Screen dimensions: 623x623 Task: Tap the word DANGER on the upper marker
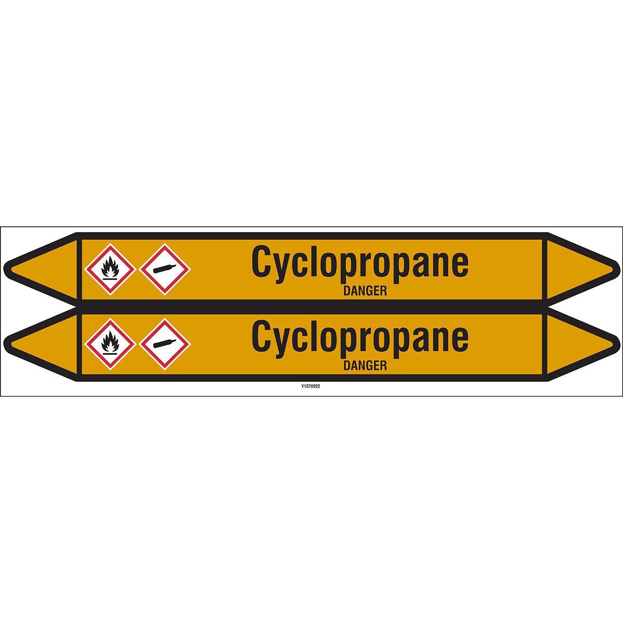pyautogui.click(x=365, y=292)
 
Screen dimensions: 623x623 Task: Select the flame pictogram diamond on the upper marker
pyautogui.click(x=110, y=269)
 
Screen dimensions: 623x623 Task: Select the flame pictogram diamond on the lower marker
pyautogui.click(x=110, y=344)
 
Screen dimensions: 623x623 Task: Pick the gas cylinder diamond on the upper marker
pyautogui.click(x=165, y=269)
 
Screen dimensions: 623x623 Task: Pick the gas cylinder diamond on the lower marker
pyautogui.click(x=165, y=344)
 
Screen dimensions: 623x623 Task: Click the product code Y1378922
pyautogui.click(x=310, y=386)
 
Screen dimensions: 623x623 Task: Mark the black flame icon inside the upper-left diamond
pyautogui.click(x=110, y=268)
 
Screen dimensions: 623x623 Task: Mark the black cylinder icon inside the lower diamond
pyautogui.click(x=165, y=344)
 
